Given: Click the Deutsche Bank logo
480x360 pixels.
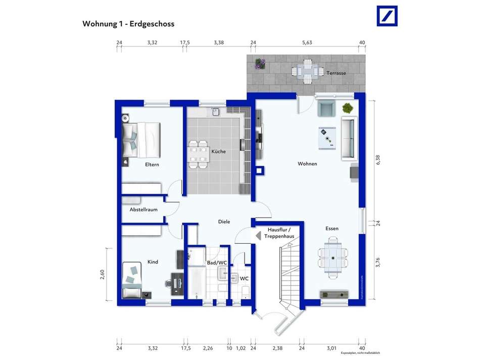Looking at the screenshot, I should click(387, 16).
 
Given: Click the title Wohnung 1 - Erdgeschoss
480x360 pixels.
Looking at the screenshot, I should click(128, 24).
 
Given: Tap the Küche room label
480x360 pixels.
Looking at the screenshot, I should click(219, 152).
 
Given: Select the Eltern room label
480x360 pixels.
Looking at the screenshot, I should click(152, 165).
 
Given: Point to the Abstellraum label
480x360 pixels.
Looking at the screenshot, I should click(143, 209).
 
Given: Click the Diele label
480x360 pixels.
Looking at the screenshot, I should click(224, 221).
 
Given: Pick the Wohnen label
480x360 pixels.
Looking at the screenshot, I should click(307, 164).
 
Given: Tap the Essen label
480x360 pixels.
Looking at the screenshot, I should click(332, 229).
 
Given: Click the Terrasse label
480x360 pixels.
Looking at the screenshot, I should click(336, 73).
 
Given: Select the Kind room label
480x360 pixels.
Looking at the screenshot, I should click(153, 262).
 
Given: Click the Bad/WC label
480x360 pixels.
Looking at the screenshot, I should click(217, 262).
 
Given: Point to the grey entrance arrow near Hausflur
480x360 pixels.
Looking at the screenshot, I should click(258, 235).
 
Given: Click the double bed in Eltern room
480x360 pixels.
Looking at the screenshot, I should click(142, 140).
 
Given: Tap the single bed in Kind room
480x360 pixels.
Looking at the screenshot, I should click(132, 281).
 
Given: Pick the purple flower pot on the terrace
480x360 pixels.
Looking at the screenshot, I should click(260, 64).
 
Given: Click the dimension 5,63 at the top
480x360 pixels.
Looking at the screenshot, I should click(307, 43).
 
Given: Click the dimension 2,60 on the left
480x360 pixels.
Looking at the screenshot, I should click(103, 275).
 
